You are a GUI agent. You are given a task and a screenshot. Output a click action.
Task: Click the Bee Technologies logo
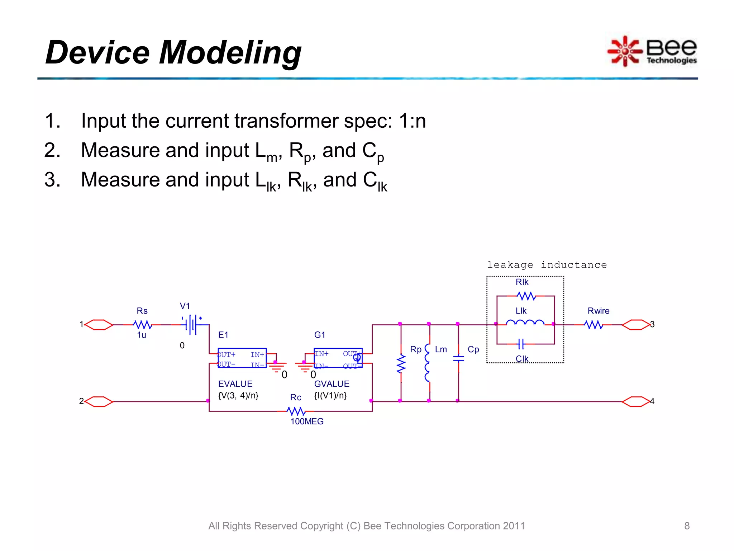pyautogui.click(x=652, y=51)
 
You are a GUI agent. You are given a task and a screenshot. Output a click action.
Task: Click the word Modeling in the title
pyautogui.click(x=230, y=53)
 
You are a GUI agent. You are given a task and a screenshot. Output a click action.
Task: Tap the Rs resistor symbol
pyautogui.click(x=143, y=325)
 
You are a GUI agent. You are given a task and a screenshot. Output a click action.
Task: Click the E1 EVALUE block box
pyautogui.click(x=242, y=358)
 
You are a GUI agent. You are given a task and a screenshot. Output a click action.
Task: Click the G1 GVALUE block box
pyautogui.click(x=338, y=358)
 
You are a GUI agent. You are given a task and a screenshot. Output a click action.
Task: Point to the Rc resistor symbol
pyautogui.click(x=296, y=411)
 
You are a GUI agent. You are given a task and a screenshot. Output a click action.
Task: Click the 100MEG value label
pyautogui.click(x=307, y=422)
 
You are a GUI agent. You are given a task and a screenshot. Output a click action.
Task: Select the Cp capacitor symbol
pyautogui.click(x=458, y=358)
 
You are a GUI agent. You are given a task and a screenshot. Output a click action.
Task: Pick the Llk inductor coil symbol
pyautogui.click(x=525, y=322)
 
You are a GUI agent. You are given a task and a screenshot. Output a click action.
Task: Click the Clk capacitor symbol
pyautogui.click(x=521, y=344)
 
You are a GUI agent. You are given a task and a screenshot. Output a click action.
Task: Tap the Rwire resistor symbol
pyautogui.click(x=594, y=325)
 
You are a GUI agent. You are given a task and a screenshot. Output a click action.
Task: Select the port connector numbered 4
pyautogui.click(x=635, y=401)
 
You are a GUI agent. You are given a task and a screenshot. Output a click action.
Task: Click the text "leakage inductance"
pyautogui.click(x=547, y=265)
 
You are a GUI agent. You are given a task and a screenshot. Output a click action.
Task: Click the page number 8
pyautogui.click(x=687, y=526)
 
